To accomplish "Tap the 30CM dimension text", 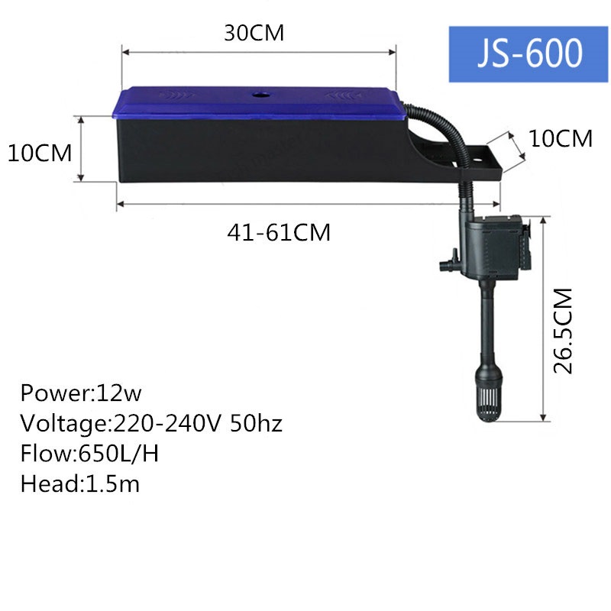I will (x=254, y=34).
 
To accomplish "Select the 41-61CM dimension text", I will (x=279, y=231).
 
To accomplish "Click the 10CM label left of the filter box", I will (x=40, y=152).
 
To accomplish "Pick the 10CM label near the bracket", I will (x=561, y=138).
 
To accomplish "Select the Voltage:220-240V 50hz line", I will (x=151, y=423).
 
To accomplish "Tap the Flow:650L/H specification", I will (x=90, y=454).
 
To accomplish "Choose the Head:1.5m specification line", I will (x=80, y=483).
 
